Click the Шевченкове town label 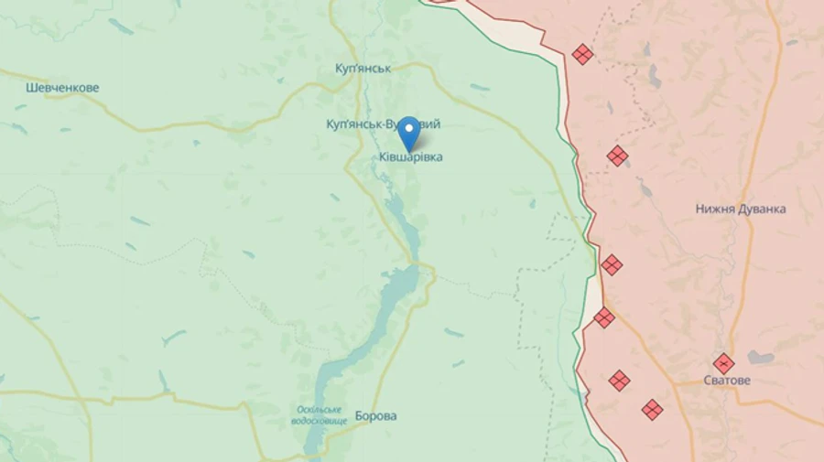62,88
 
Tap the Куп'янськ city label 363,70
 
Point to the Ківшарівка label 411,157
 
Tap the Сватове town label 727,380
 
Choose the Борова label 375,415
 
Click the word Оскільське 320,409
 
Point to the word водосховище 320,420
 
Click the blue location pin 407,134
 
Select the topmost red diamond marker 582,55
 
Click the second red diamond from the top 618,156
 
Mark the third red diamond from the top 612,265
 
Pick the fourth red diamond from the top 604,317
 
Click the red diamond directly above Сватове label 723,363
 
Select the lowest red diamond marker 652,409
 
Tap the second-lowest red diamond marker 620,380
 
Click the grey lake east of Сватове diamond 760,358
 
